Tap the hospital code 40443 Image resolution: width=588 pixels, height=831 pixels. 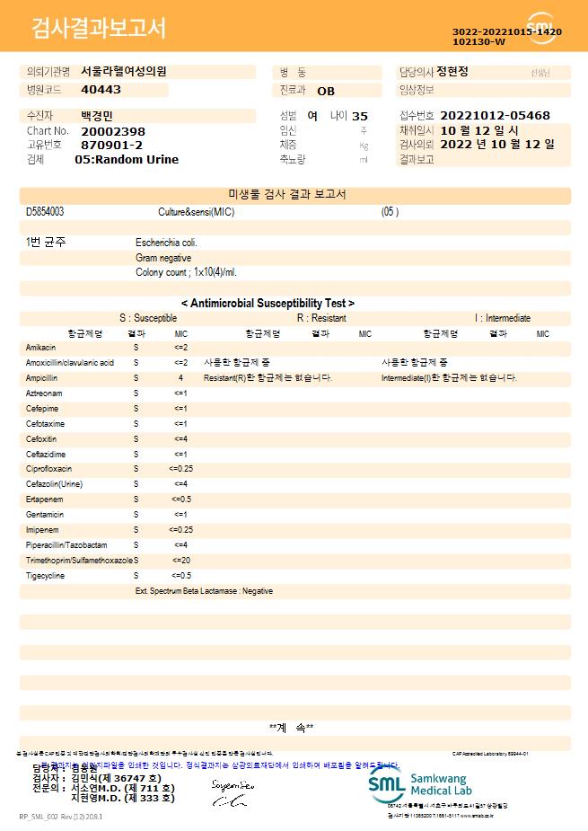pyautogui.click(x=101, y=90)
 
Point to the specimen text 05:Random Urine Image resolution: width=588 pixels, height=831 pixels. pyautogui.click(x=127, y=159)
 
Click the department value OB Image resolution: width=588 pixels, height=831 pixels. pyautogui.click(x=326, y=91)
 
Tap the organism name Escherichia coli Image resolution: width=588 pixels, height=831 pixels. pyautogui.click(x=166, y=243)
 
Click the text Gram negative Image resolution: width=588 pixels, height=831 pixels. pyautogui.click(x=163, y=258)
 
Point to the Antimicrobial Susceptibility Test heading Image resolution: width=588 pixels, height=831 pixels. pyautogui.click(x=268, y=304)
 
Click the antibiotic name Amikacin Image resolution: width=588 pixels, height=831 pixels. pyautogui.click(x=41, y=347)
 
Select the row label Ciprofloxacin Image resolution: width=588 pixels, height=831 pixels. pyautogui.click(x=49, y=469)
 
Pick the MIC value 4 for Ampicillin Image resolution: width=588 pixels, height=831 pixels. pyautogui.click(x=180, y=378)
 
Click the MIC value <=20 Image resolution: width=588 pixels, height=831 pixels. pyautogui.click(x=180, y=560)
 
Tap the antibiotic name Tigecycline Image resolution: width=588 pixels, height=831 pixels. pyautogui.click(x=46, y=575)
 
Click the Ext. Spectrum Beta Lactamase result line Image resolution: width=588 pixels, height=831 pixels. pyautogui.click(x=204, y=591)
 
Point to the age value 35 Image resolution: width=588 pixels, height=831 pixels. pyautogui.click(x=360, y=116)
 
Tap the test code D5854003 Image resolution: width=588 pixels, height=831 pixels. pyautogui.click(x=45, y=212)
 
